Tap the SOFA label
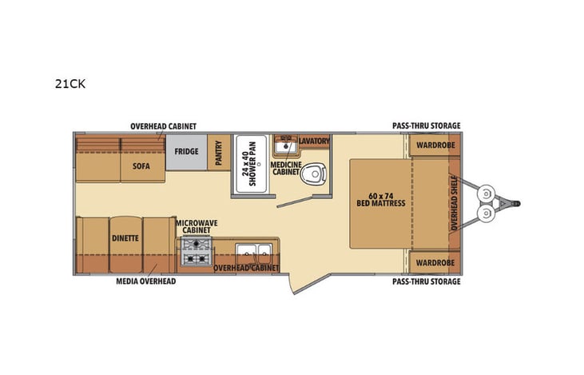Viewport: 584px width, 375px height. (142, 169)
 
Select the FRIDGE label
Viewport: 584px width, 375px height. (187, 152)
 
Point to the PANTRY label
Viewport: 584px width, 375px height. (219, 153)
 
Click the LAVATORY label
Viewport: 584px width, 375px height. (315, 142)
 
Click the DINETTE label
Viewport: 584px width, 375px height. (125, 238)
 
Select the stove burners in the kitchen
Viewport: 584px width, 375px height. (196, 254)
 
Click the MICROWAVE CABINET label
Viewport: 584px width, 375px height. (195, 225)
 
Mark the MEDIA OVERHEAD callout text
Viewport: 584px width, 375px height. (146, 281)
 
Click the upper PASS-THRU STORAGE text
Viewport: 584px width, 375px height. (426, 126)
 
